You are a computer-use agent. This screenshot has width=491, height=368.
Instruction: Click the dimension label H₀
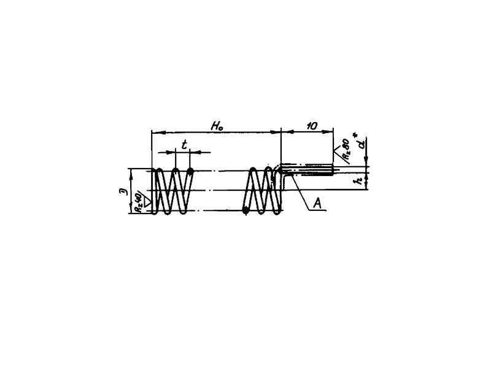pyautogui.click(x=217, y=126)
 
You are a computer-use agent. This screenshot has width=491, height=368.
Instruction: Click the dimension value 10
pyautogui.click(x=311, y=126)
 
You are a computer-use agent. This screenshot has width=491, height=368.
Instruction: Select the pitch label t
pyautogui.click(x=184, y=145)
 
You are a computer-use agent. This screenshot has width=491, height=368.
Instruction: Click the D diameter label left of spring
pyautogui.click(x=123, y=191)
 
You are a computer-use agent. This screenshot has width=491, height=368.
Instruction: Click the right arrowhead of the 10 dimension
pyautogui.click(x=330, y=131)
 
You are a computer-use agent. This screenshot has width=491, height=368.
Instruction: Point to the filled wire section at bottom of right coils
pyautogui.click(x=245, y=210)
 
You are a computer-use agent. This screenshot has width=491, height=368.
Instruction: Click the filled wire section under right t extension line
pyautogui.click(x=190, y=171)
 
